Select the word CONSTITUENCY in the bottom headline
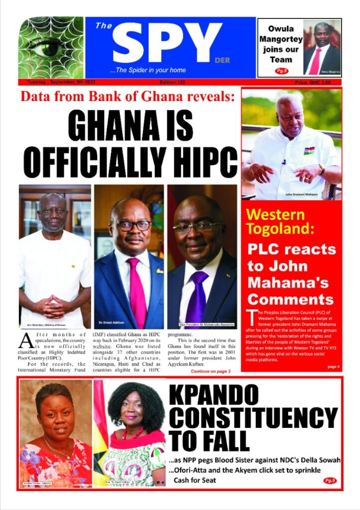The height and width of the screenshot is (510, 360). (253, 418)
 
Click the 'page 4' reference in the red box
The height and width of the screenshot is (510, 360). (333, 367)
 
